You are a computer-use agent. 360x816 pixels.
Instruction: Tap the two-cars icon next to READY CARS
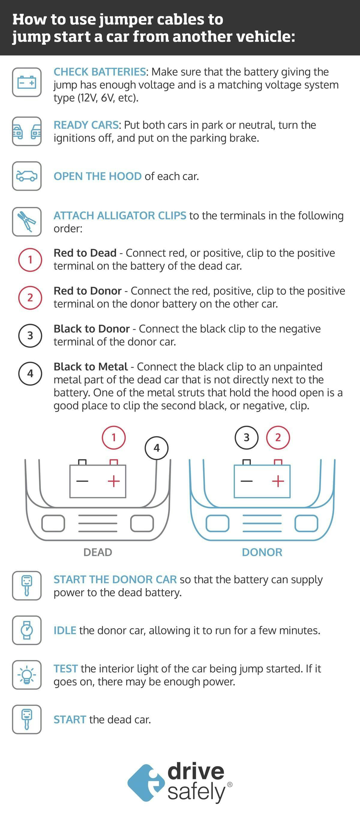pyautogui.click(x=27, y=131)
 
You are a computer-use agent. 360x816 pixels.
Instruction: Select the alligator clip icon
pyautogui.click(x=27, y=221)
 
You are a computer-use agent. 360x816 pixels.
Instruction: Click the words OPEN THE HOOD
pyautogui.click(x=97, y=176)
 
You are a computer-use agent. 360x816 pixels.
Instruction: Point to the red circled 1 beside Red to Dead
pyautogui.click(x=30, y=260)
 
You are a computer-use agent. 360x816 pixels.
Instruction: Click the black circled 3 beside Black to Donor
pyautogui.click(x=30, y=335)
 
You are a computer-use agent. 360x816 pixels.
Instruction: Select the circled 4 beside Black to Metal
pyautogui.click(x=30, y=373)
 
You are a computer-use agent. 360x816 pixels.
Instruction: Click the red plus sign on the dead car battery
pyautogui.click(x=113, y=481)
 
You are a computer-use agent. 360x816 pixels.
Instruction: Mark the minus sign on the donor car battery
pyautogui.click(x=247, y=481)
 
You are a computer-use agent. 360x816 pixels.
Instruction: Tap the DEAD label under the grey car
pyautogui.click(x=97, y=552)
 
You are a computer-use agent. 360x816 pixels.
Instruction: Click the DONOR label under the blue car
pyautogui.click(x=262, y=552)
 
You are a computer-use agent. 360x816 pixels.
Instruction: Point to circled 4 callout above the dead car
pyautogui.click(x=156, y=448)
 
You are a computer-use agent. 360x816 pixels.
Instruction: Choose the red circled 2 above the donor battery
pyautogui.click(x=278, y=437)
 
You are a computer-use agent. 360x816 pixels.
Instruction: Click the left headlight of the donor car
pyautogui.click(x=217, y=523)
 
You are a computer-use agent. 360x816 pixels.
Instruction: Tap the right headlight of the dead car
pyautogui.click(x=142, y=523)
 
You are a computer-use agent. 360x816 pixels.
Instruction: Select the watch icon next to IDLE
pyautogui.click(x=27, y=630)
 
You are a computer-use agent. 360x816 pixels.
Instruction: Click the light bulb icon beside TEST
pyautogui.click(x=27, y=675)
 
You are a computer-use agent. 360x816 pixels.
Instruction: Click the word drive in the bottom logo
pyautogui.click(x=196, y=772)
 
